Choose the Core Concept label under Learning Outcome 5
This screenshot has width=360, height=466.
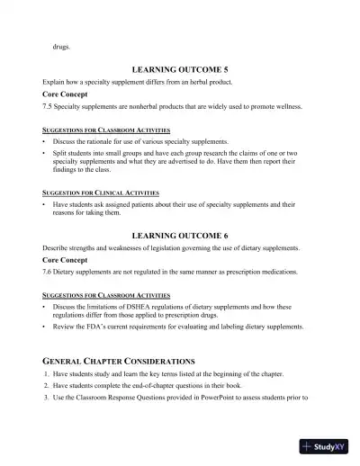tap(67, 94)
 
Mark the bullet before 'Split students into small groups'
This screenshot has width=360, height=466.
tap(44, 153)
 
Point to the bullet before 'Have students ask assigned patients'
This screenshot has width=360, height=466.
tap(44, 204)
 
